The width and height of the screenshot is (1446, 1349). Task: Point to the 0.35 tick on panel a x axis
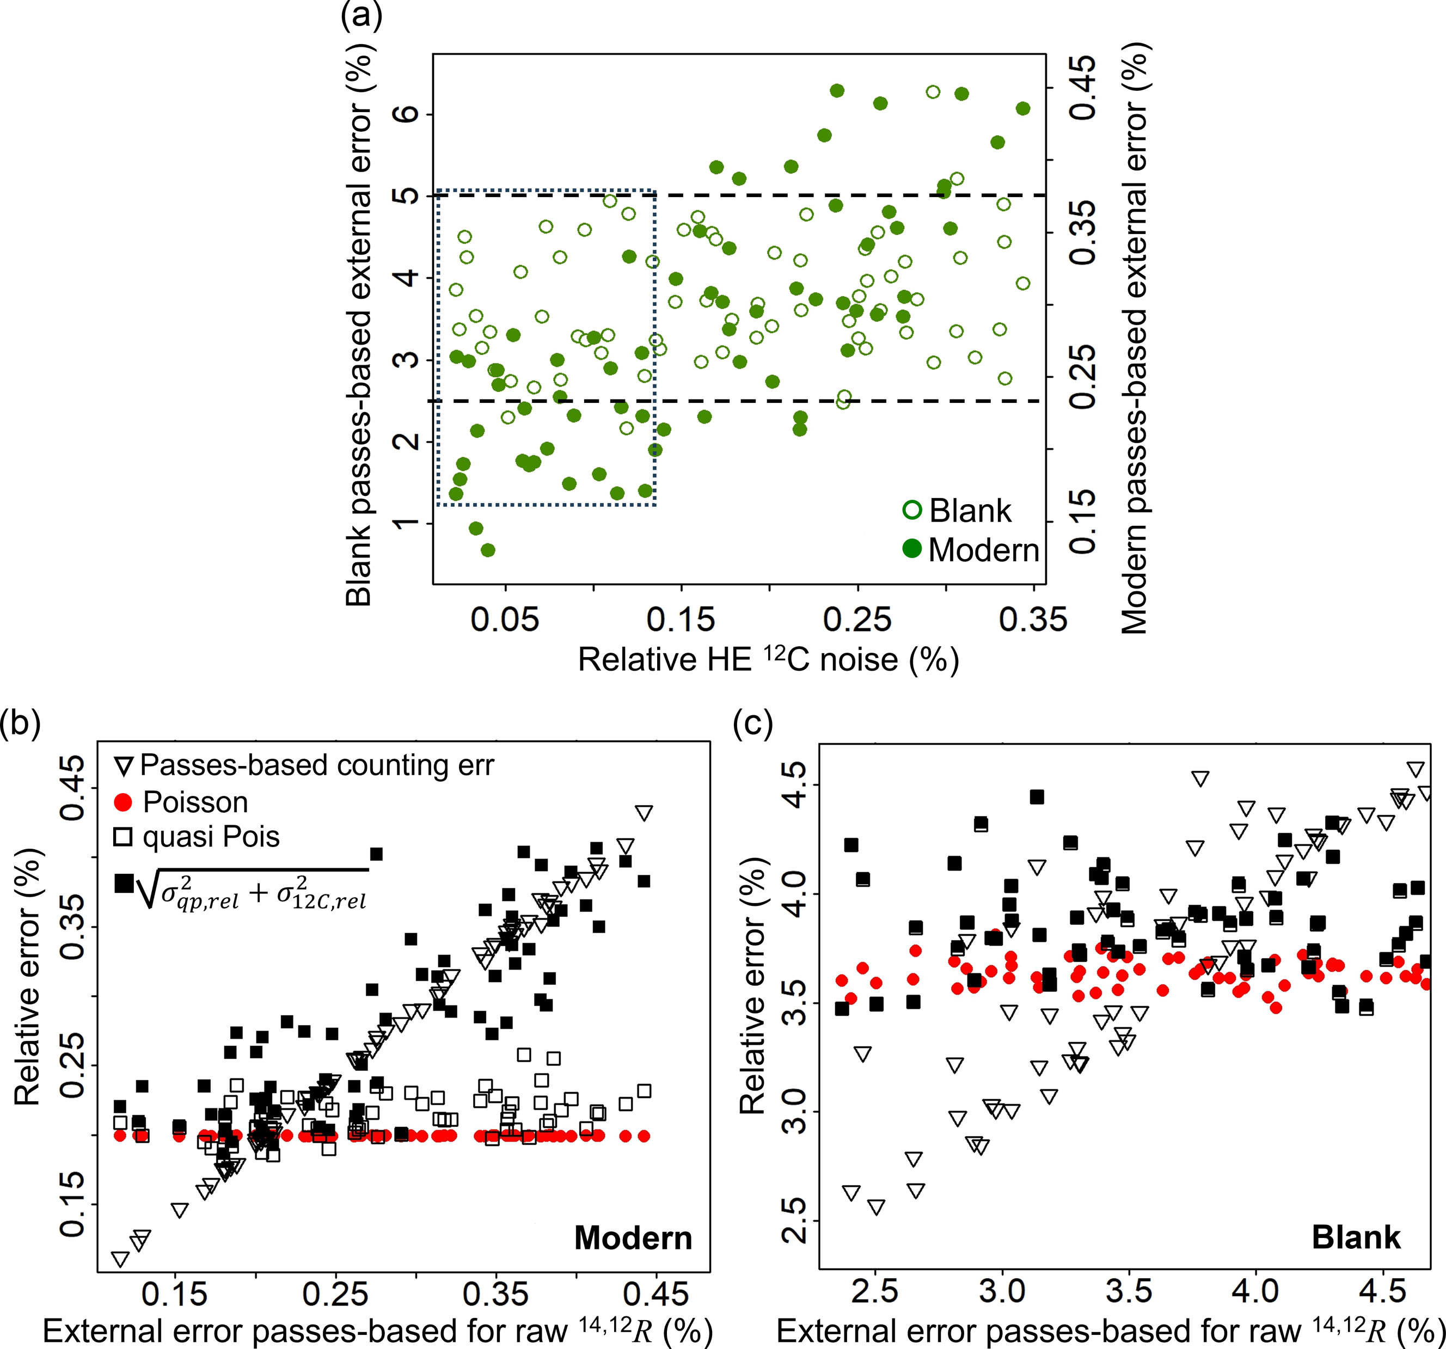pyautogui.click(x=1033, y=620)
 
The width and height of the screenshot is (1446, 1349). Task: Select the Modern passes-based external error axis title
pyautogui.click(x=1135, y=338)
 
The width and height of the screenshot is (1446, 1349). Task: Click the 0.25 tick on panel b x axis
pyautogui.click(x=335, y=1295)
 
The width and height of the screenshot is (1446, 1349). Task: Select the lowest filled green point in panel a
pyautogui.click(x=488, y=550)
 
